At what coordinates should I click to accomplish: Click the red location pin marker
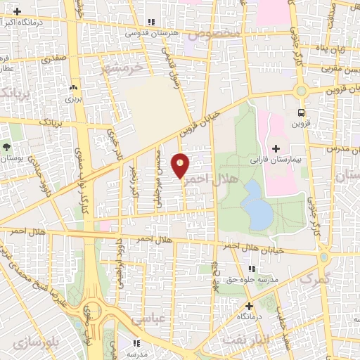[x=181, y=165]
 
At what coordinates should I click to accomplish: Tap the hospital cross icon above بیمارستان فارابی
[x=276, y=148]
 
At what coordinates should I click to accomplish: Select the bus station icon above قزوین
[x=302, y=112]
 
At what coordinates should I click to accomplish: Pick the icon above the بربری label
[x=73, y=89]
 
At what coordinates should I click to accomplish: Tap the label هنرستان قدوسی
[x=151, y=33]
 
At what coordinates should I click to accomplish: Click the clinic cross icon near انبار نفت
[x=248, y=306]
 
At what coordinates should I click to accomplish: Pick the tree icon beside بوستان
[x=6, y=147]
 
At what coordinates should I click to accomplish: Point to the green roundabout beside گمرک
[x=323, y=257]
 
